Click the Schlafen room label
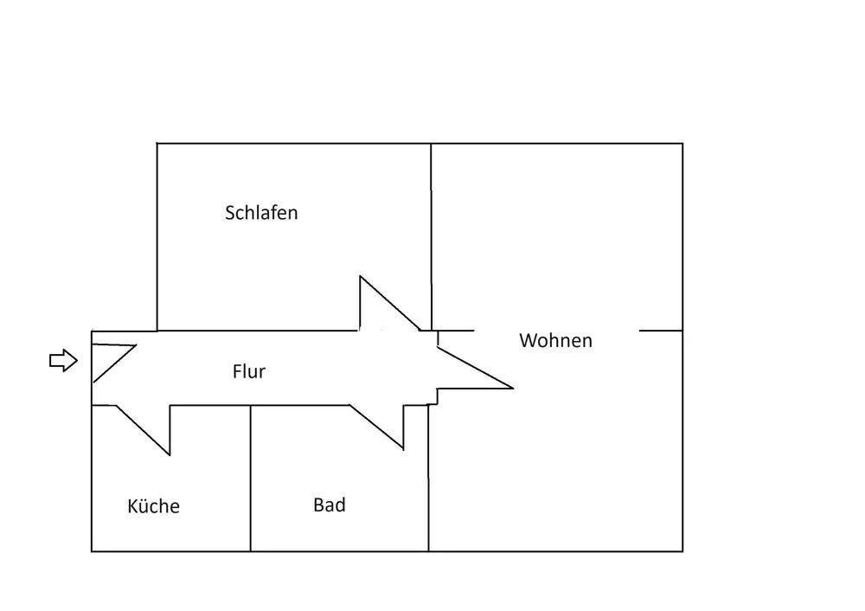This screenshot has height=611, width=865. tap(261, 213)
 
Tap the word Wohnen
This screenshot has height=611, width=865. tap(555, 341)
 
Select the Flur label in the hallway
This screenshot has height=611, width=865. tap(249, 372)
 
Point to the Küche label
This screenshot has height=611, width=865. tap(153, 506)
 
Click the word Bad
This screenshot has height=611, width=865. tap(330, 505)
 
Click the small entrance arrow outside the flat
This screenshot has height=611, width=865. tap(63, 361)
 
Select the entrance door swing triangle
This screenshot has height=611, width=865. tap(108, 359)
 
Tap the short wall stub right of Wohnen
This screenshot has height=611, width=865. tap(661, 331)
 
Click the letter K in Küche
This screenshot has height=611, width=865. tap(132, 506)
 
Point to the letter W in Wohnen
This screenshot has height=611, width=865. tap(528, 341)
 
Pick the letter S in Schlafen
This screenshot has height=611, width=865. tap(230, 213)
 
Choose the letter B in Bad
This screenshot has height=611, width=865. tap(318, 505)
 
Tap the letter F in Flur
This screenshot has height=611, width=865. tap(237, 372)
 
